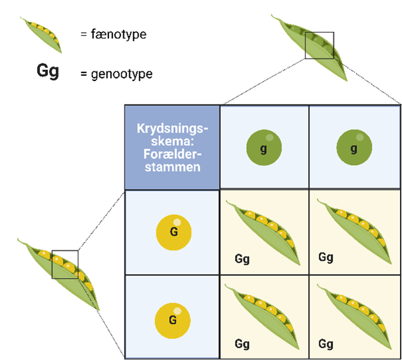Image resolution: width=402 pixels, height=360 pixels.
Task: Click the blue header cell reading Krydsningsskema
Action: coord(172,148)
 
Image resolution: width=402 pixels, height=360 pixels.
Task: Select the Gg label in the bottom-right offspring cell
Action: coord(325,344)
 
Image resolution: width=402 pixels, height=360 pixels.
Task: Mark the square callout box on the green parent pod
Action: coord(319,45)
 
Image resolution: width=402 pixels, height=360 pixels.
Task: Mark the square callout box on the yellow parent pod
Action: coord(65,264)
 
